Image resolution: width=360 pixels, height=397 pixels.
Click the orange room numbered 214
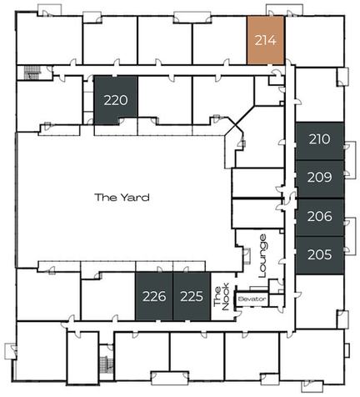(x=265, y=40)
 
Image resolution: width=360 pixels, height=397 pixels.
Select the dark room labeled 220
(x=116, y=100)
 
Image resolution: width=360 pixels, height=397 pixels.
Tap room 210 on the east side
(x=319, y=141)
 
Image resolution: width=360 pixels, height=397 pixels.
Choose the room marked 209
(x=319, y=179)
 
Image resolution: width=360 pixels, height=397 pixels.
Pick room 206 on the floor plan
(x=319, y=218)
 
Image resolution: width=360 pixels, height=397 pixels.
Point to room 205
(x=319, y=255)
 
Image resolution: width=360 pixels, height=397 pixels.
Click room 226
(x=154, y=296)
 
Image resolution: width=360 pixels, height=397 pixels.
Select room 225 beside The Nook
(x=192, y=296)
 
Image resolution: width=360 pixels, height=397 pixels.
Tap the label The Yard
(x=122, y=198)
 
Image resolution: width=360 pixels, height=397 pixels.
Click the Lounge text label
(x=262, y=256)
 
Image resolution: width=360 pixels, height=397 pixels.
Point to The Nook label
(x=222, y=297)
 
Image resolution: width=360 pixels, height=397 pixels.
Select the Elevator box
(x=252, y=299)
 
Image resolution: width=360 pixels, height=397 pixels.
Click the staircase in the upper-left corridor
(x=32, y=73)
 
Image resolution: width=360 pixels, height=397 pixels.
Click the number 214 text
(x=266, y=41)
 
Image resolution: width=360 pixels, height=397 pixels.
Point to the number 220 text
(x=116, y=100)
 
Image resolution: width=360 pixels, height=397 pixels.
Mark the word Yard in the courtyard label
(x=135, y=198)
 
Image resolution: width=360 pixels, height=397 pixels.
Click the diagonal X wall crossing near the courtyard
(x=236, y=124)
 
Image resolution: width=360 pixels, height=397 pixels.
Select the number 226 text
(x=154, y=297)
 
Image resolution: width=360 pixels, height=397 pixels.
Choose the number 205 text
(x=319, y=254)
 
